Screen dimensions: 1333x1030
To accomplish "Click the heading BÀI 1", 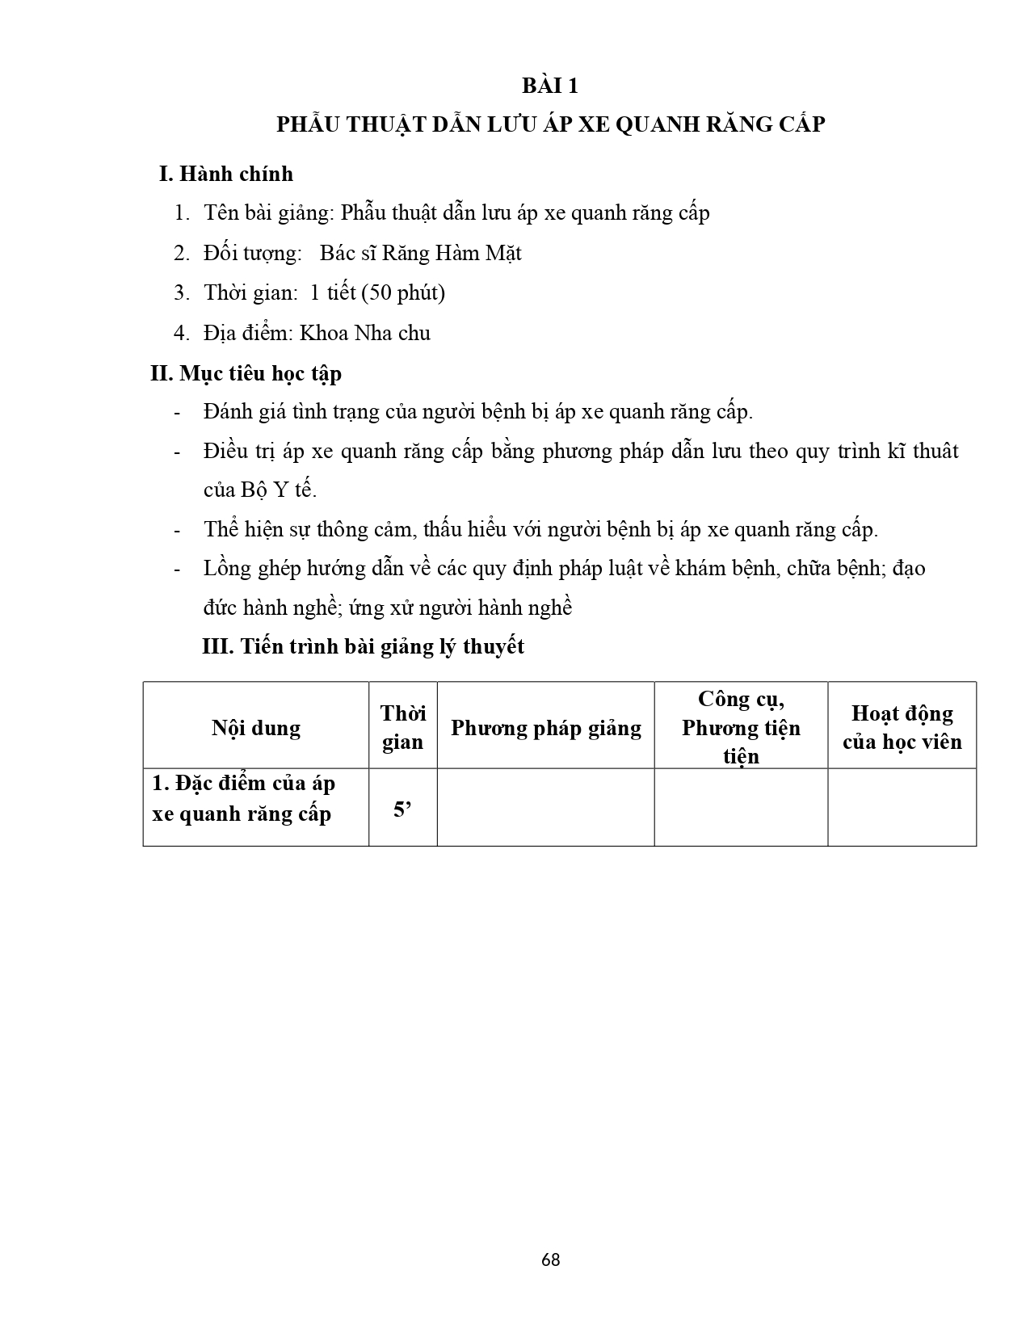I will [549, 86].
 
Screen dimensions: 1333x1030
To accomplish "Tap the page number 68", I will [551, 1259].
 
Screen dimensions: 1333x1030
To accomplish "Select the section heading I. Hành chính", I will [226, 174].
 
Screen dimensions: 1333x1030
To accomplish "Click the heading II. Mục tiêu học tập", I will [246, 373].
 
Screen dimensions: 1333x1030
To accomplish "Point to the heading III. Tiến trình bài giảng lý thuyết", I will [363, 646].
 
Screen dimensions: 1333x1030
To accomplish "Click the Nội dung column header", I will [256, 728].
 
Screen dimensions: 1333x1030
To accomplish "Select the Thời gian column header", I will [402, 727].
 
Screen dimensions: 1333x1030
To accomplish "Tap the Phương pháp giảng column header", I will [545, 728].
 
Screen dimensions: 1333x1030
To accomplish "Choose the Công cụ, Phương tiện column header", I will [741, 727].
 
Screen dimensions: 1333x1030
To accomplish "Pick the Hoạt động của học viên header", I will [902, 727].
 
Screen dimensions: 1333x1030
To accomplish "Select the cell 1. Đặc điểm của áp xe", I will [243, 798].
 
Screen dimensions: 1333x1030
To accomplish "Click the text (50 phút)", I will [403, 292].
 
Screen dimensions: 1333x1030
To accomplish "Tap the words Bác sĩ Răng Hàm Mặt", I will [420, 253].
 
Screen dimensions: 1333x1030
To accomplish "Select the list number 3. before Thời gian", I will [181, 292].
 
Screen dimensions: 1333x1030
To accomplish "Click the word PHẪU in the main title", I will [309, 124].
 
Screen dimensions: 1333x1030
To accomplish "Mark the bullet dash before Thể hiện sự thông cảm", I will [177, 531].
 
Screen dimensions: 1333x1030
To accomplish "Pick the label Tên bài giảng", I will [267, 213].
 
